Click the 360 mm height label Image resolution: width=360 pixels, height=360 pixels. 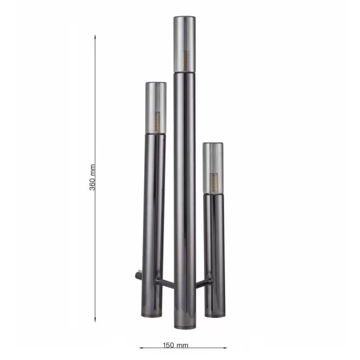tap(92, 177)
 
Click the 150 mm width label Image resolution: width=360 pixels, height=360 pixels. tap(176, 345)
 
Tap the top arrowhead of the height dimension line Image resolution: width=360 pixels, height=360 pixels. tap(95, 36)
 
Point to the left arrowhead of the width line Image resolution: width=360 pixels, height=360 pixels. tap(140, 348)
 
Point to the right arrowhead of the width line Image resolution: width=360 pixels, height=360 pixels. tap(225, 348)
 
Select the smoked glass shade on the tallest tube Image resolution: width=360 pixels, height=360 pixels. tap(185, 44)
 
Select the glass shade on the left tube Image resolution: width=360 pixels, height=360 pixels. tap(156, 107)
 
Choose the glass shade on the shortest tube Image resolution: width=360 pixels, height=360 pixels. tap(213, 168)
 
